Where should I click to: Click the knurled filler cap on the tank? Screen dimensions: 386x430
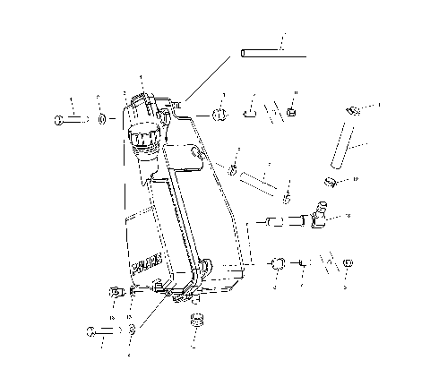tap(140, 139)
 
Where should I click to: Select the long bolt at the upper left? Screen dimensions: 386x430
tap(70, 118)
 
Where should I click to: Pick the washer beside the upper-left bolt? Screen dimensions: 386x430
tap(102, 118)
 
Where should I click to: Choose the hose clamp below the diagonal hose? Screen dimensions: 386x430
tap(330, 182)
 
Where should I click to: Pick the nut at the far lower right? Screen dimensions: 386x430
tap(348, 263)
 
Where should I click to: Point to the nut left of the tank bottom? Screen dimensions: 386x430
tap(114, 291)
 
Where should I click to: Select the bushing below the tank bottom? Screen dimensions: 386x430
tap(194, 321)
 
